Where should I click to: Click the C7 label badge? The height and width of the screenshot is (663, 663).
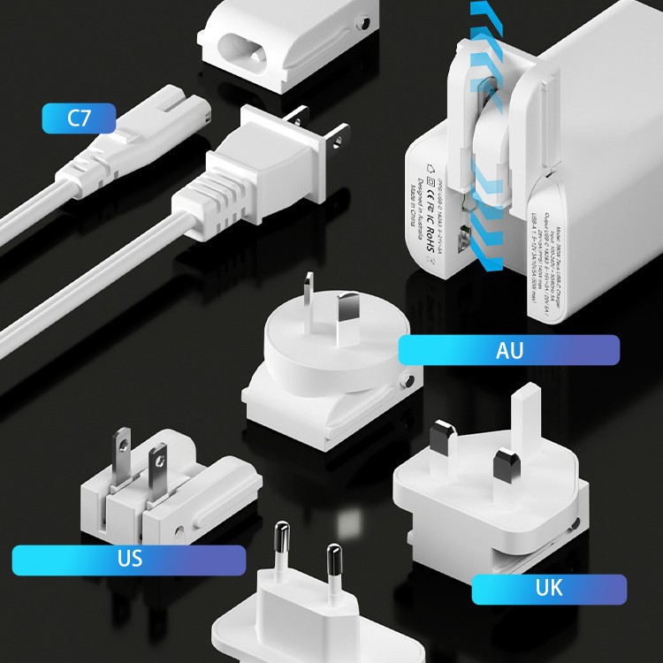(79, 118)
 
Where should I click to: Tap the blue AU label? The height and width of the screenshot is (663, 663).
(508, 350)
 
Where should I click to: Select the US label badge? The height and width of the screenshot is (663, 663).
(129, 560)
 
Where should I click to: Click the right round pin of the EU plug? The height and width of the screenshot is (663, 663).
(334, 566)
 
